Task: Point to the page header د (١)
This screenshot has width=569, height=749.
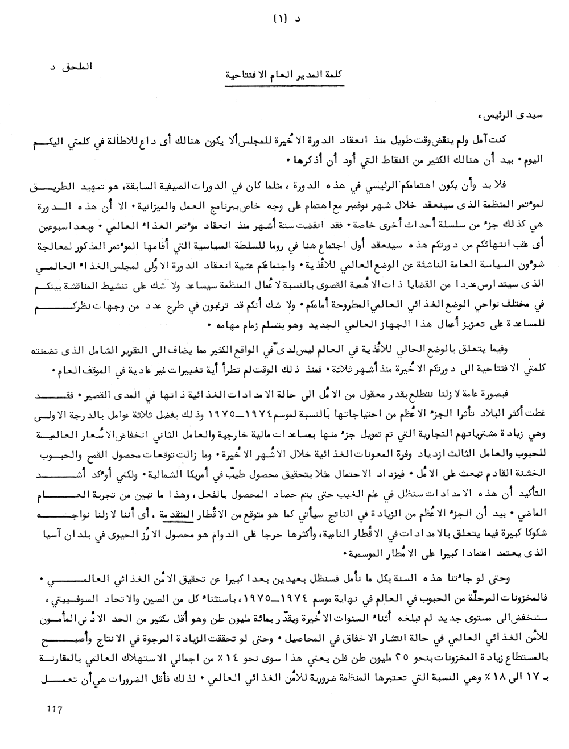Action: coord(282,17)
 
